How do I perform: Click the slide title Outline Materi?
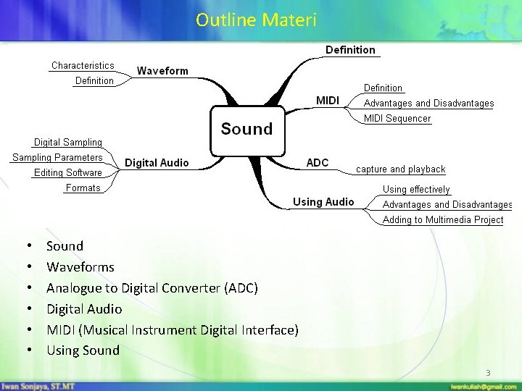tap(256, 20)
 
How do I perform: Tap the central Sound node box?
tap(246, 129)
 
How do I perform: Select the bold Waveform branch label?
tap(162, 71)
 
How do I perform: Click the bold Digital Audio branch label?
tap(157, 163)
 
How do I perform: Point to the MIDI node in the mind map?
tap(328, 100)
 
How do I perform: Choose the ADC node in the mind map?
tap(318, 162)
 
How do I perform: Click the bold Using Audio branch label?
tap(323, 201)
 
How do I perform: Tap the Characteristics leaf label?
tap(83, 65)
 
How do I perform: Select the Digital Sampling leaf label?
tap(68, 142)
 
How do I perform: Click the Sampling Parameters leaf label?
tap(57, 157)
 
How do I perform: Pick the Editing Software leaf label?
tap(68, 172)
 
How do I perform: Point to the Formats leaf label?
tap(83, 188)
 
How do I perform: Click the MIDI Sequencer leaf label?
tap(397, 118)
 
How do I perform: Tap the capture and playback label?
tap(401, 169)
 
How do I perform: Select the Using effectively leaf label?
tap(416, 189)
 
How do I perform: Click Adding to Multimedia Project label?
tap(443, 219)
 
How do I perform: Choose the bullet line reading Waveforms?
tap(80, 266)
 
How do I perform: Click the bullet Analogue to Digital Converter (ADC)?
tap(152, 287)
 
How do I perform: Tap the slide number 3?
tap(488, 373)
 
